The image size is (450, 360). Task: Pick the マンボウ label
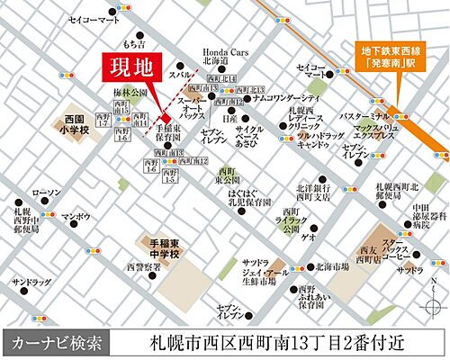76,217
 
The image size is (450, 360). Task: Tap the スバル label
180,75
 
